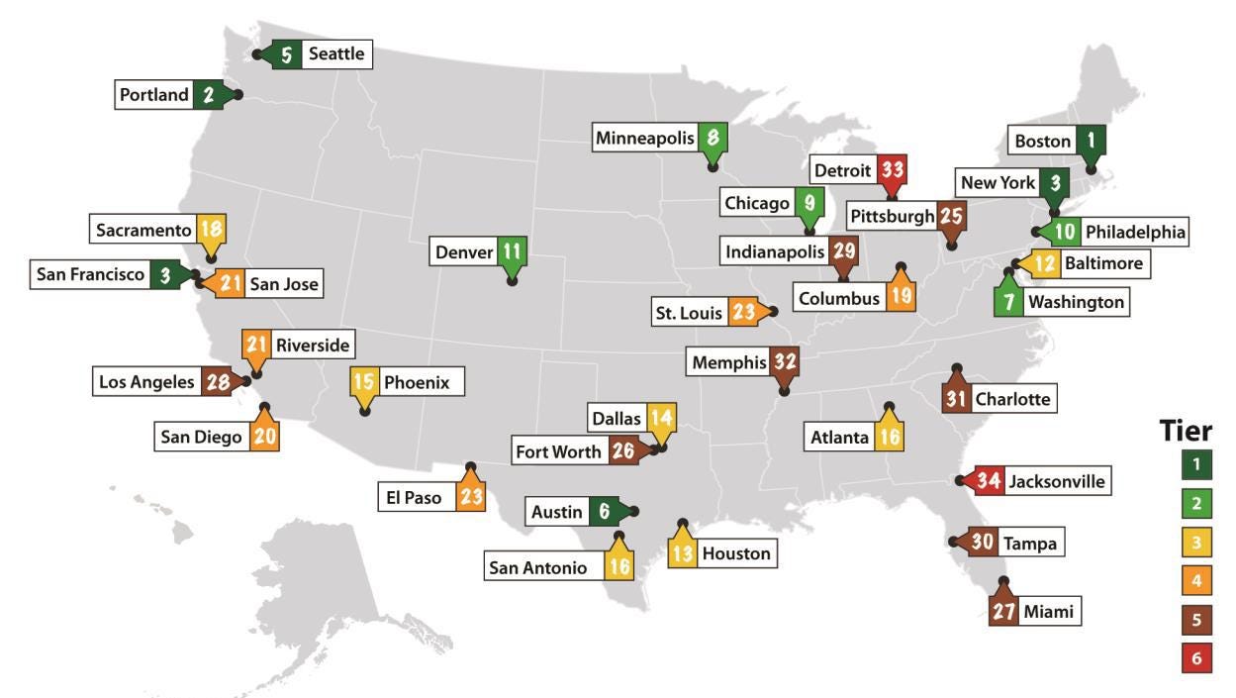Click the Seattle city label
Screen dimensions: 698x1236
pyautogui.click(x=335, y=54)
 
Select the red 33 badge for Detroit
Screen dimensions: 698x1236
pyautogui.click(x=892, y=169)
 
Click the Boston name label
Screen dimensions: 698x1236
pyautogui.click(x=1042, y=141)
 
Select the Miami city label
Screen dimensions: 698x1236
pyautogui.click(x=1048, y=611)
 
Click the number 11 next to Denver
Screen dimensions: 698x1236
pyautogui.click(x=511, y=251)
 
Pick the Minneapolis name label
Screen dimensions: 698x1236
pyautogui.click(x=644, y=139)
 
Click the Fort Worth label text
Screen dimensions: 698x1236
pyautogui.click(x=558, y=451)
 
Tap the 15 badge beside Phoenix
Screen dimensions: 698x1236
pyautogui.click(x=364, y=381)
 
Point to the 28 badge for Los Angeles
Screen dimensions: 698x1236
pyautogui.click(x=216, y=382)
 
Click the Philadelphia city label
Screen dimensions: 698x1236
pyautogui.click(x=1134, y=232)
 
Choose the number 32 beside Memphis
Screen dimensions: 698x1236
pyautogui.click(x=785, y=362)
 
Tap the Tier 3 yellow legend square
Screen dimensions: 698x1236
pyautogui.click(x=1195, y=543)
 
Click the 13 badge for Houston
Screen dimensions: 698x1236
pyautogui.click(x=682, y=553)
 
